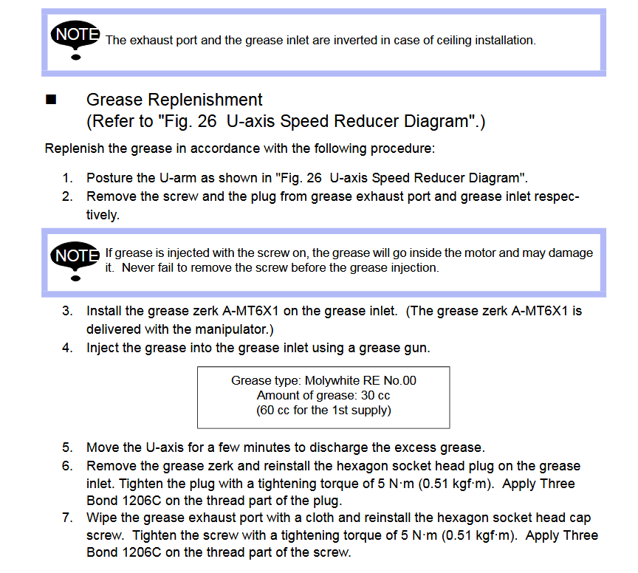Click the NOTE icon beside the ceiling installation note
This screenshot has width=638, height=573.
coord(75,39)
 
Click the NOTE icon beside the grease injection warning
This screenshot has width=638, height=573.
coord(75,261)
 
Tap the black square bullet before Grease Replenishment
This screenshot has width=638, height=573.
coord(51,99)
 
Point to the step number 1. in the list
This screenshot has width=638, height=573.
coord(67,178)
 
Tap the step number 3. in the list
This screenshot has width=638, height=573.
coord(67,311)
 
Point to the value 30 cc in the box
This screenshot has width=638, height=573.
coord(375,396)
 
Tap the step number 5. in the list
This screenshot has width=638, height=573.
coord(67,447)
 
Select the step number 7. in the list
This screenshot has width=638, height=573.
coord(67,518)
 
